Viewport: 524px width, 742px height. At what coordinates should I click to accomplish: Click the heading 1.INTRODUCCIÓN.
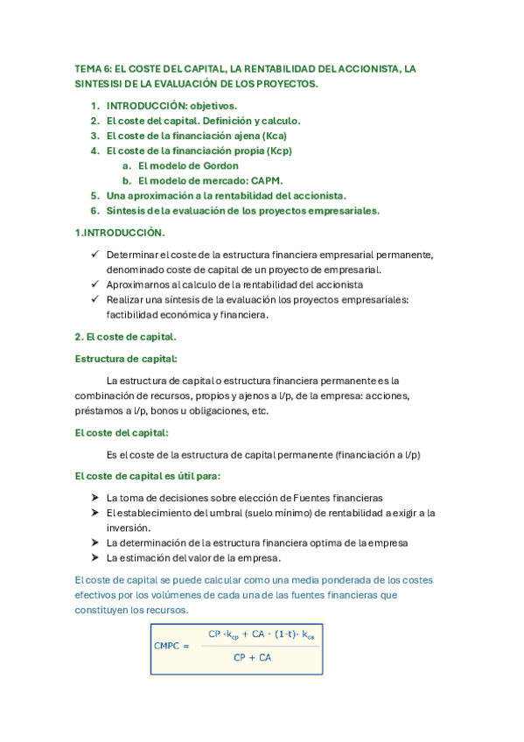[120, 233]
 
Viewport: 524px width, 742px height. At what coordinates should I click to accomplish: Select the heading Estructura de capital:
[126, 359]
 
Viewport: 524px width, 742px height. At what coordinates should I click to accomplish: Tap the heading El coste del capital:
[122, 432]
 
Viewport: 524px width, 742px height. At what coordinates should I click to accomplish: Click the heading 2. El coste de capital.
[126, 336]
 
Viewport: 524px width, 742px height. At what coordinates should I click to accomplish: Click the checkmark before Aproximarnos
[95, 284]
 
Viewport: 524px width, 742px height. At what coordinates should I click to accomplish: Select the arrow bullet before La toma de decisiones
[95, 497]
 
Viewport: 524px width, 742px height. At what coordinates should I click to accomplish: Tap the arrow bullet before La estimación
[95, 557]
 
